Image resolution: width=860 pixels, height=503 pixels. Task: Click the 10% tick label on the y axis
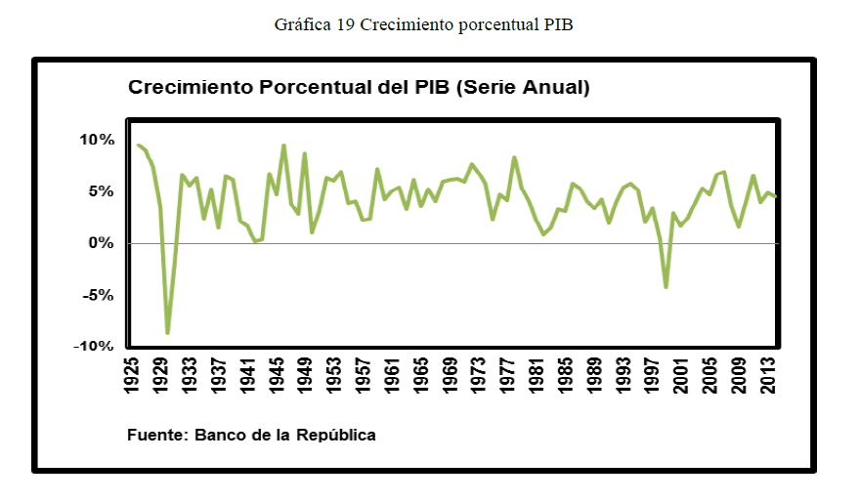97,140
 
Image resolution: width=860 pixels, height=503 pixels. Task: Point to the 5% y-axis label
101,191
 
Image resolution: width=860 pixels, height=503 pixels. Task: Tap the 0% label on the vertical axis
101,243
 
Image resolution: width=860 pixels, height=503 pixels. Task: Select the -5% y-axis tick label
99,295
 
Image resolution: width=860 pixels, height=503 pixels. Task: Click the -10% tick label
95,347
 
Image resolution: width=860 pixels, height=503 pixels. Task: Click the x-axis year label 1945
278,375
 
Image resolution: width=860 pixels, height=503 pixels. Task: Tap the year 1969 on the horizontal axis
451,375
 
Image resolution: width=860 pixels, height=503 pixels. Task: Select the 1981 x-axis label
537,375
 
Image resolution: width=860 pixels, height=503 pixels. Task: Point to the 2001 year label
681,375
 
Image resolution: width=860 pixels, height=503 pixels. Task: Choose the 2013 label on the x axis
767,375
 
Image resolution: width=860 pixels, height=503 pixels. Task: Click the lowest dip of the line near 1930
168,333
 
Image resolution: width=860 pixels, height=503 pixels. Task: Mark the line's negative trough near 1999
666,286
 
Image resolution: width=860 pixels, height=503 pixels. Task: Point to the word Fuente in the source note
156,435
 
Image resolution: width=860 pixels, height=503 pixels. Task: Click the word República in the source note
336,435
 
